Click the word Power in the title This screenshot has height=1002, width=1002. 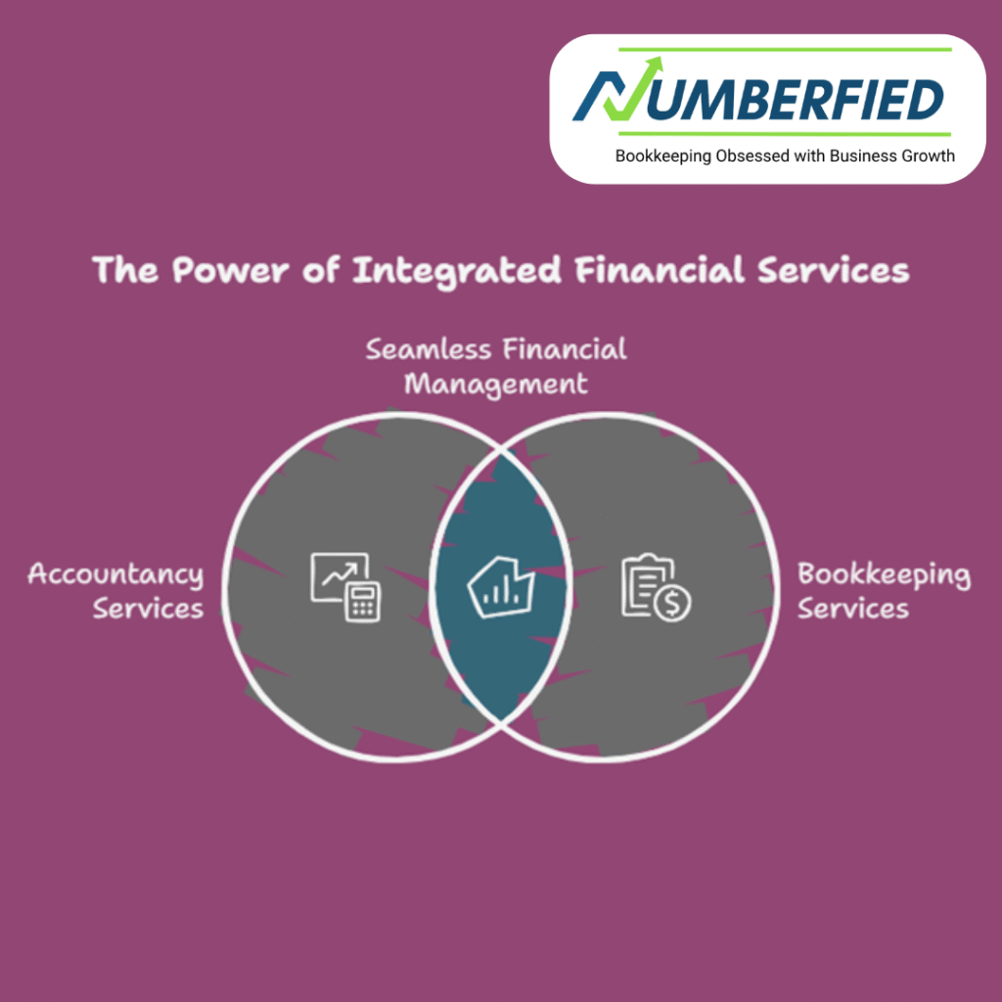tap(230, 270)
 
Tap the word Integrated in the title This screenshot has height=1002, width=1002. tap(457, 271)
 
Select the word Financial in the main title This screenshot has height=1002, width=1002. tap(660, 269)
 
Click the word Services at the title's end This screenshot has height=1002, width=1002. tap(834, 270)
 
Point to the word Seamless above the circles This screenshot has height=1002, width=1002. tap(429, 349)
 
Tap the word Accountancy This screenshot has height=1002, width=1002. tap(115, 575)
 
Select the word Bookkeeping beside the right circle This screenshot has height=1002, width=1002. tap(885, 575)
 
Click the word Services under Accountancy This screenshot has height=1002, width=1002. tap(149, 609)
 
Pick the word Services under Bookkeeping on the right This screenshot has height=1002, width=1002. tap(853, 609)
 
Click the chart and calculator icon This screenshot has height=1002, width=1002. tap(345, 587)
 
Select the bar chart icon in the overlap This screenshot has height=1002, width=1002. tap(501, 587)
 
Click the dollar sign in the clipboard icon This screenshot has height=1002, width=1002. tap(672, 604)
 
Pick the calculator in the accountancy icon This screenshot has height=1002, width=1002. tap(363, 602)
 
